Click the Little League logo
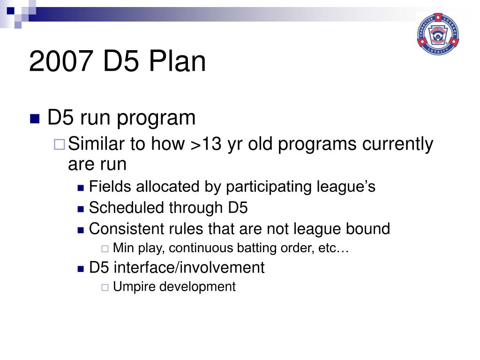[438, 34]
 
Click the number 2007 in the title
[61, 61]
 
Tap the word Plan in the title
[177, 61]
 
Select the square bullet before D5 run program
[35, 119]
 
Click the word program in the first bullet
[156, 119]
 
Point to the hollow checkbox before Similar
[60, 144]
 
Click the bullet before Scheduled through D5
[81, 210]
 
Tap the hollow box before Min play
[105, 248]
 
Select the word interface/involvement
[189, 268]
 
